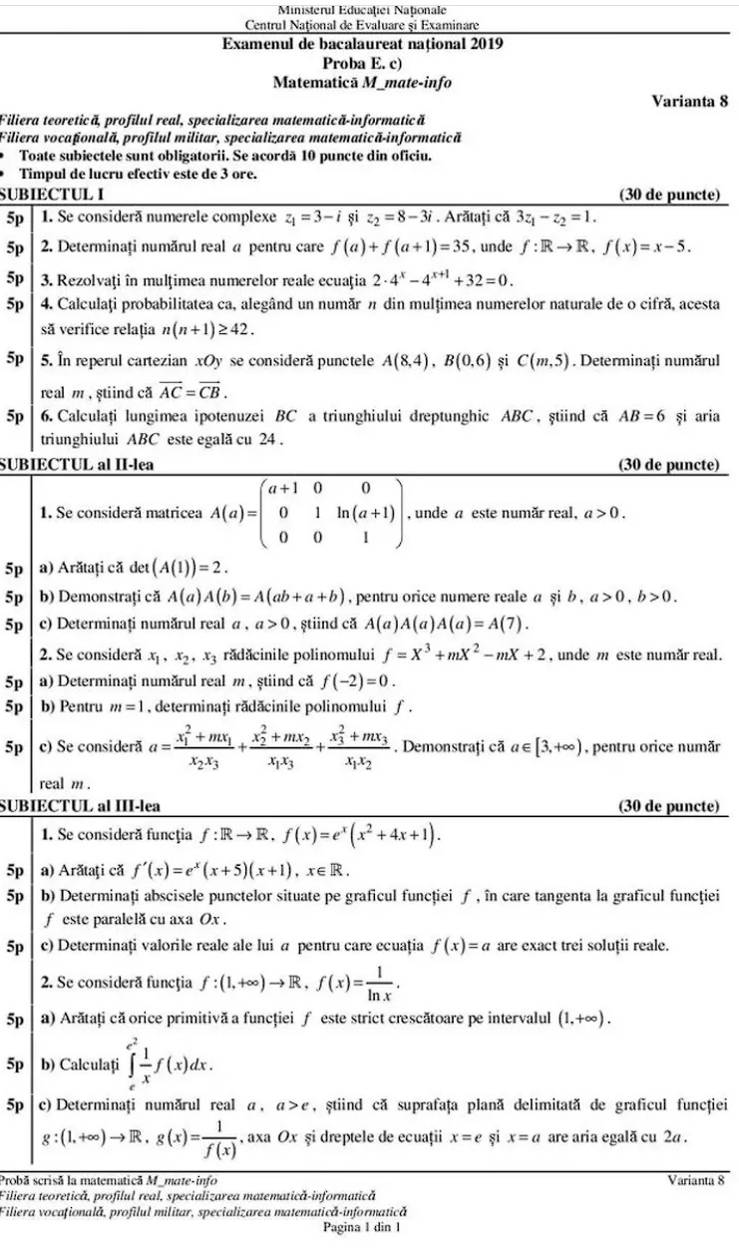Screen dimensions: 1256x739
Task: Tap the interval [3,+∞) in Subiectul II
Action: click(548, 747)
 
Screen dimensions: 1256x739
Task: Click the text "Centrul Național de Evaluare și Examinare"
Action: click(362, 24)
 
